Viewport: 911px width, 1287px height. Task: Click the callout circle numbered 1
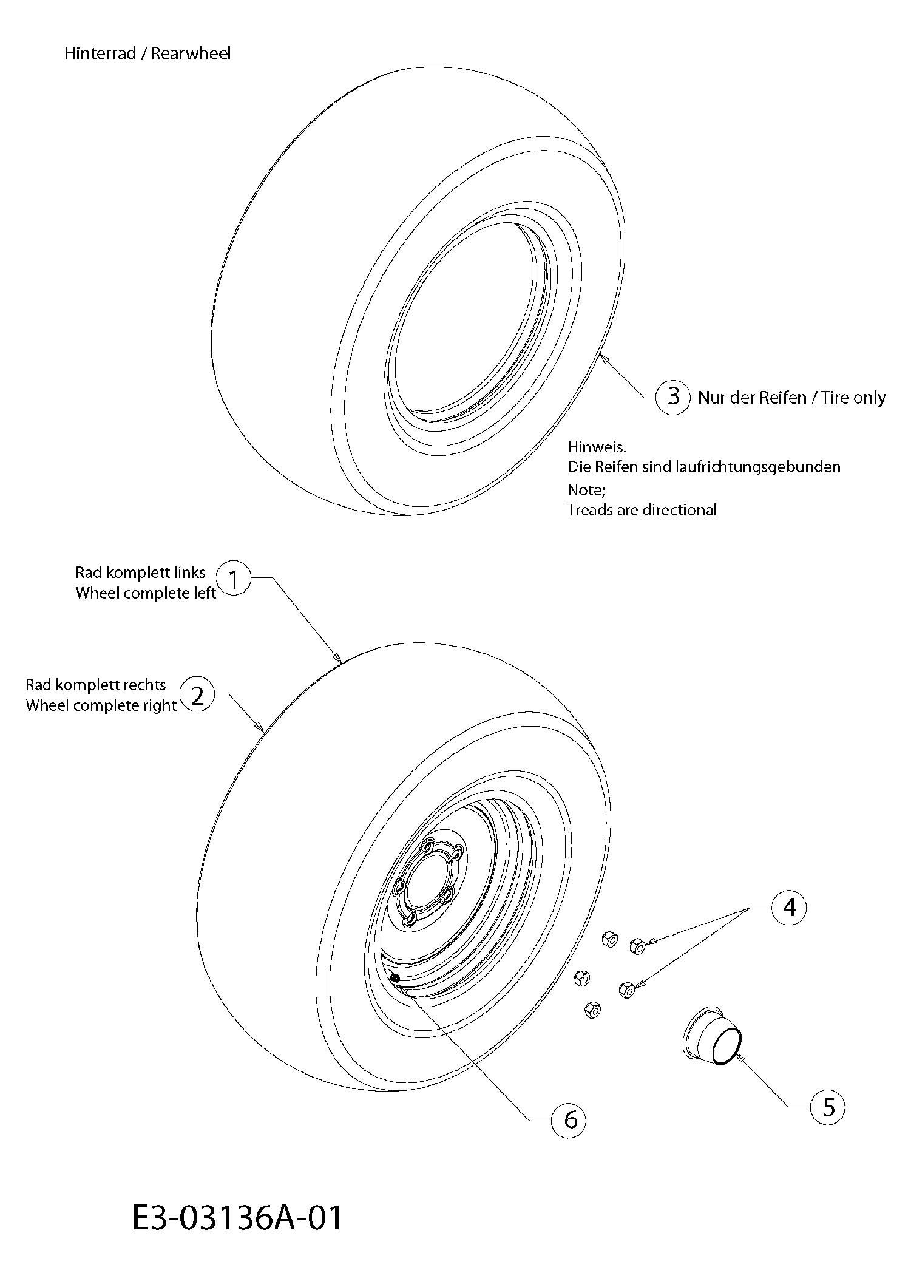(233, 579)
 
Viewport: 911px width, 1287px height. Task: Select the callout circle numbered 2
(198, 694)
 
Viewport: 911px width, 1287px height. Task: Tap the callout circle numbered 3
(673, 396)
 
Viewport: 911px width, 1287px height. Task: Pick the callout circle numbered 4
(789, 907)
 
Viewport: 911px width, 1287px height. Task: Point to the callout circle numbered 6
(569, 1119)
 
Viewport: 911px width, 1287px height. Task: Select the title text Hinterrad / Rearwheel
(147, 53)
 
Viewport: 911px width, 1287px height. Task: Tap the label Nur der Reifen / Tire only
(791, 398)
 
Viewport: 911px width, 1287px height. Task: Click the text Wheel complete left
(146, 593)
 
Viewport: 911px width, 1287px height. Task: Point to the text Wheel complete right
(101, 705)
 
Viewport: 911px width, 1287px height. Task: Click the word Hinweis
(597, 447)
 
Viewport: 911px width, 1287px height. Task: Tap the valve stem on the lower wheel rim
(393, 977)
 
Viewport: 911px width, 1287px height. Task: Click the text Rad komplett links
(140, 572)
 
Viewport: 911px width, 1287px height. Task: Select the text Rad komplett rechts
(95, 685)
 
